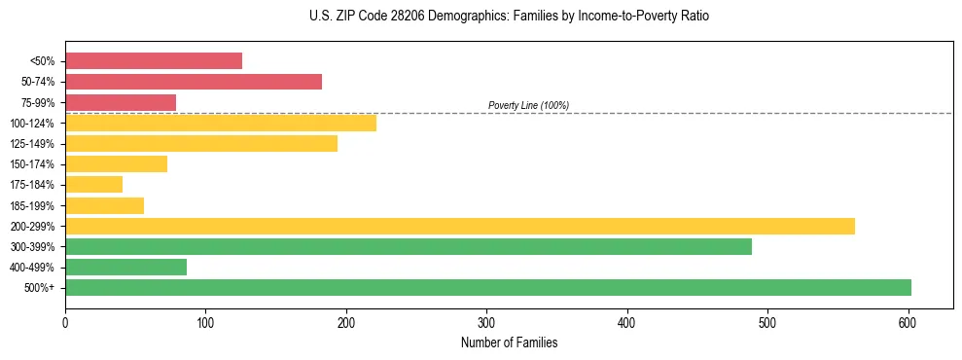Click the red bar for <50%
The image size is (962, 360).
[154, 61]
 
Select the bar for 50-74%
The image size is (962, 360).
[194, 82]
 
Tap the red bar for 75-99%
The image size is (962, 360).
[121, 102]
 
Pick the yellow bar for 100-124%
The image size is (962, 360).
[221, 123]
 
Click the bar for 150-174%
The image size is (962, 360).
[116, 163]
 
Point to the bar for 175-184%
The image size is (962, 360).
[93, 184]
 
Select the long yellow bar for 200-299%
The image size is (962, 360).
[460, 226]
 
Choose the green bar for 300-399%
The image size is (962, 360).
[409, 246]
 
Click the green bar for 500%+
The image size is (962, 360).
[488, 287]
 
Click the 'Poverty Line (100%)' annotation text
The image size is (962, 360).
[528, 105]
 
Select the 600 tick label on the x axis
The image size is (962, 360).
[908, 322]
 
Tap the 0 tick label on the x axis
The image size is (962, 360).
[65, 322]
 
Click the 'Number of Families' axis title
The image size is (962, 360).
[509, 342]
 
